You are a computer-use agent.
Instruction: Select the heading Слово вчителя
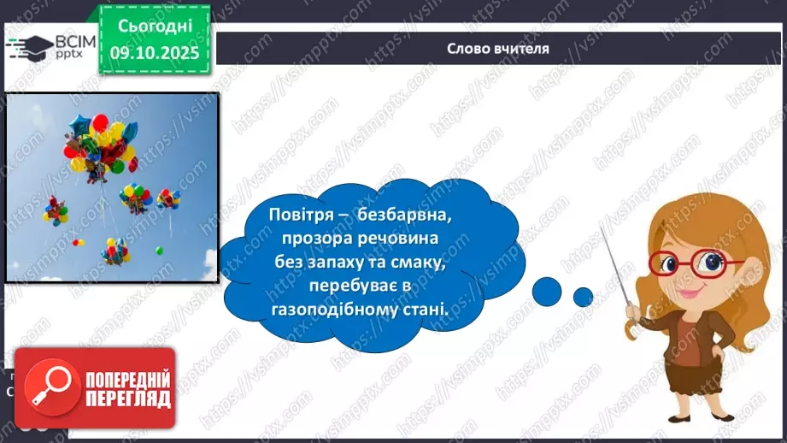498,48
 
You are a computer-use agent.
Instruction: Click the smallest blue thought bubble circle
583,297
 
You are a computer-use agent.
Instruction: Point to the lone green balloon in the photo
159,251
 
